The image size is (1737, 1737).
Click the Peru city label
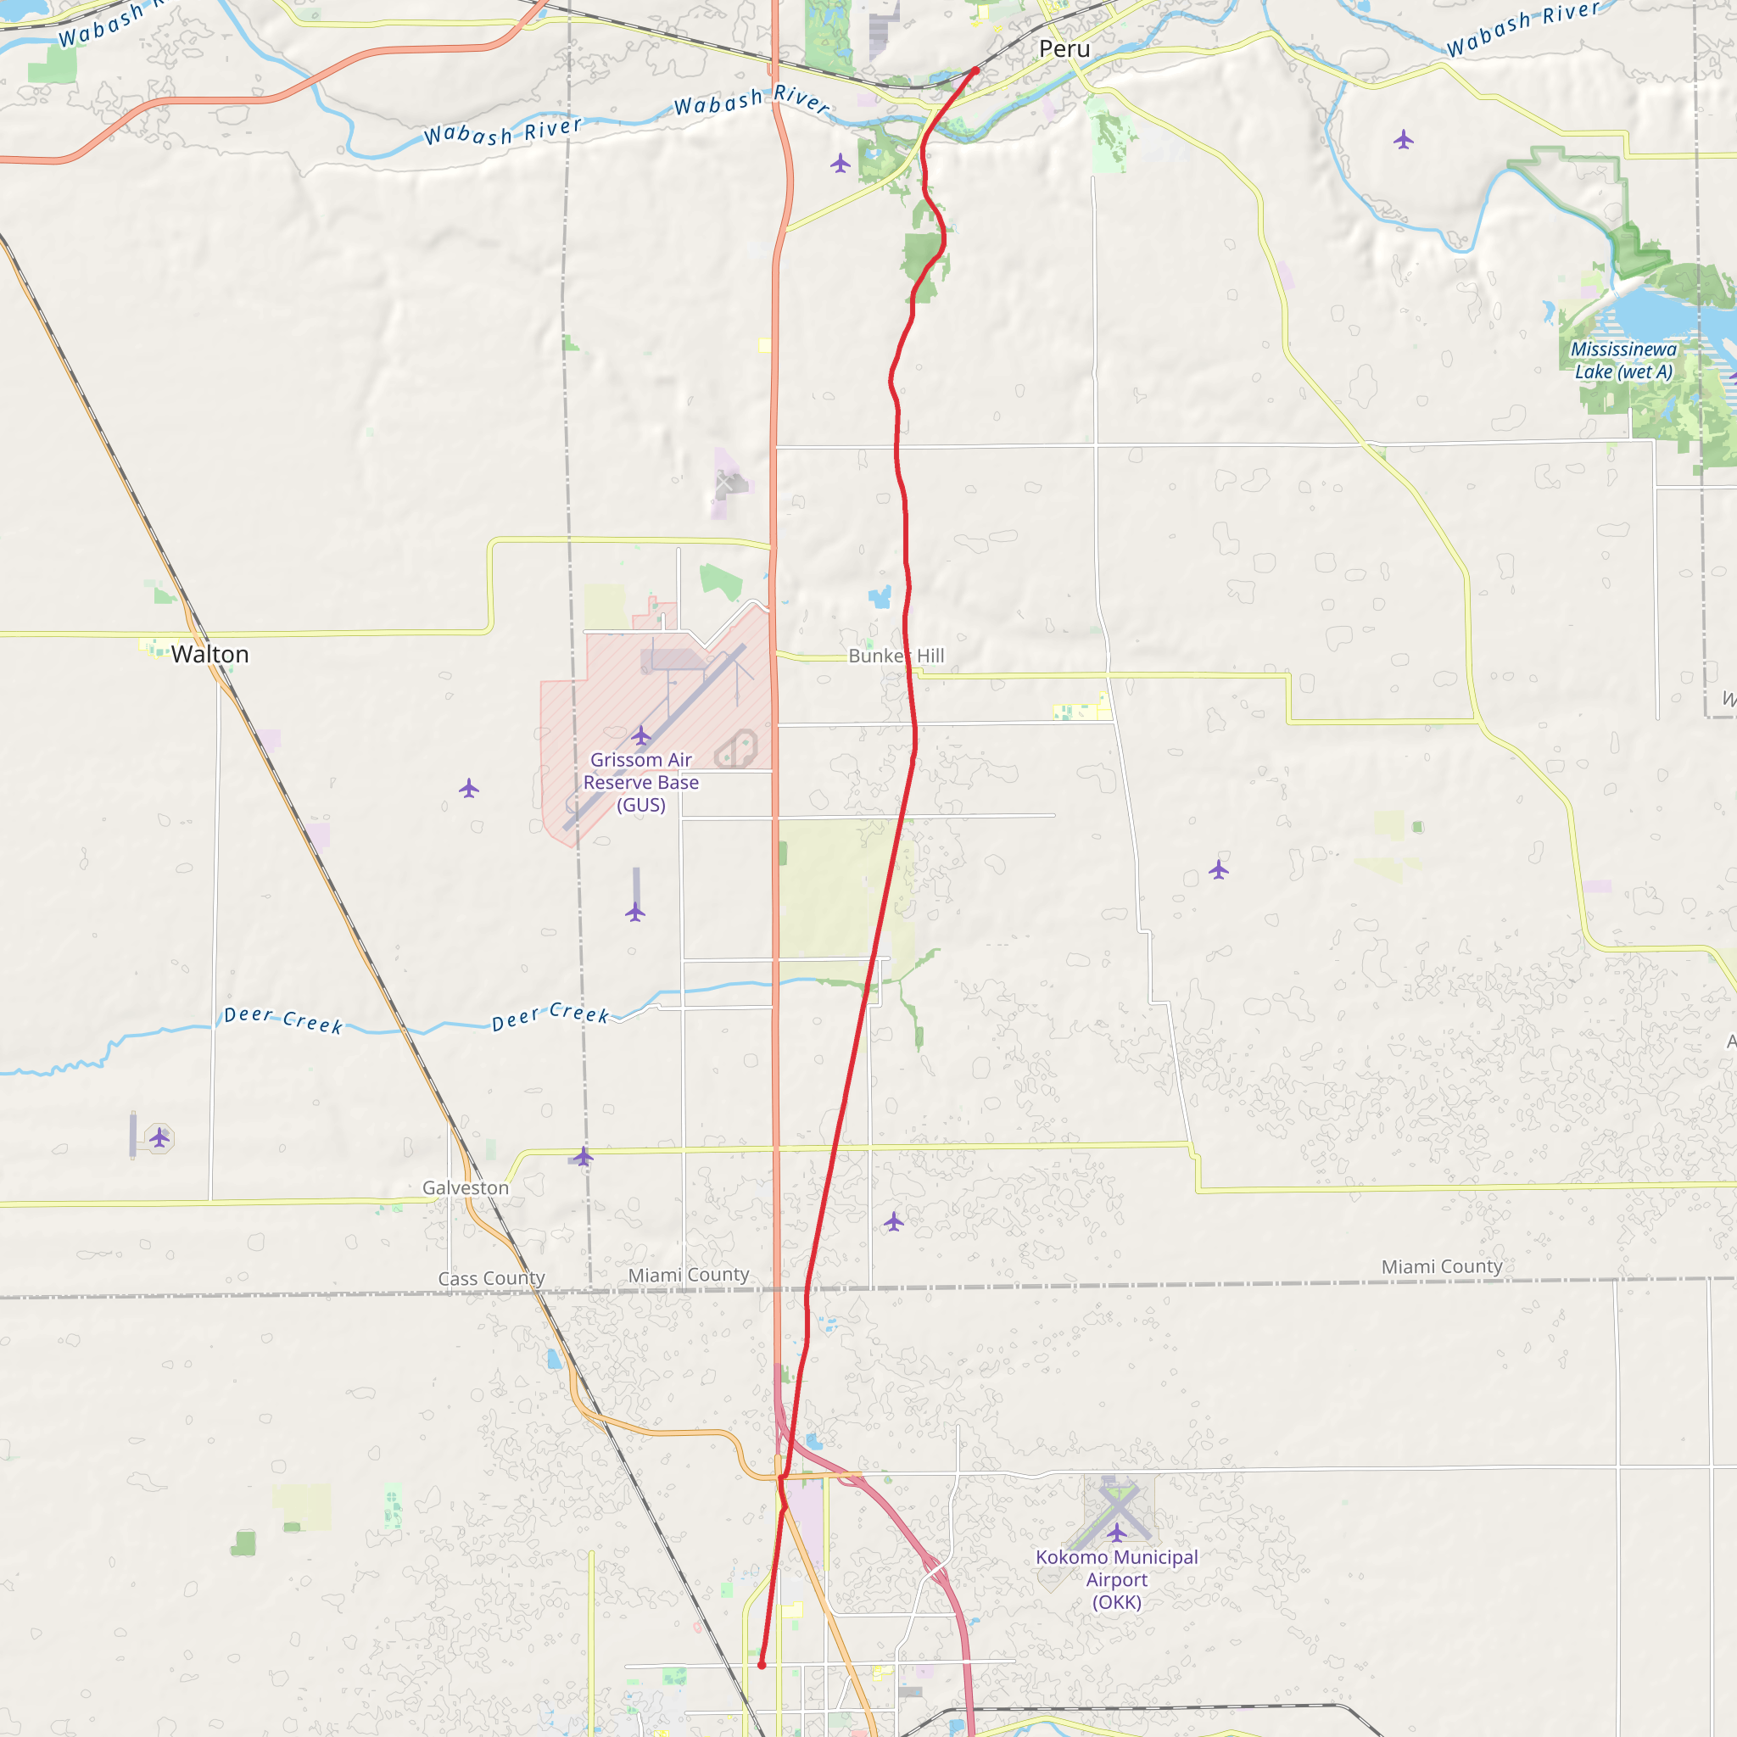1064,49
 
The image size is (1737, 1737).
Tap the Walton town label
209,654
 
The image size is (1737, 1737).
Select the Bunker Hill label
896,656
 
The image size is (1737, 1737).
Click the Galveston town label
466,1187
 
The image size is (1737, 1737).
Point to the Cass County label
492,1278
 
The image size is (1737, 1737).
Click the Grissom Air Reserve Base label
641,782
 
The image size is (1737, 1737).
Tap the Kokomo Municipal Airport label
1117,1579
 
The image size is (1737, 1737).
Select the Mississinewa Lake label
1623,360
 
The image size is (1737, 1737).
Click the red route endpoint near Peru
975,70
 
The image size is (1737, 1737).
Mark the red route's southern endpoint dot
762,1665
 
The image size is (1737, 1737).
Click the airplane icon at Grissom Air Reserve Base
641,736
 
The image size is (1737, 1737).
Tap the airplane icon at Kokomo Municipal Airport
1117,1532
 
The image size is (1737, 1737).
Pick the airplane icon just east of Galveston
584,1156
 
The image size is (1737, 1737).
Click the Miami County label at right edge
1442,1267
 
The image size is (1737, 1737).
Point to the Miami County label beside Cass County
689,1275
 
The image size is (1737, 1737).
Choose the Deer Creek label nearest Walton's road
283,1019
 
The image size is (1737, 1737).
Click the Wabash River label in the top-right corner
1523,29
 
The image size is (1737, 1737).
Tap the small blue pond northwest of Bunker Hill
880,596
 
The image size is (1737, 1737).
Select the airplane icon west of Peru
841,163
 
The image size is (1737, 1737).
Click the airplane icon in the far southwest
160,1138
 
